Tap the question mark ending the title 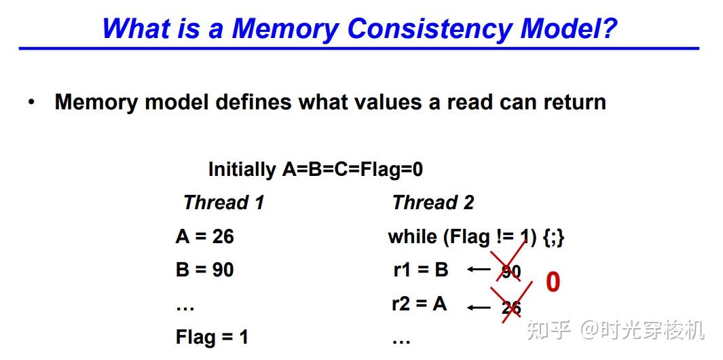click(x=609, y=29)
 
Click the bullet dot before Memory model click(x=31, y=103)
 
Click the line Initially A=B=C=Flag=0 click(x=315, y=169)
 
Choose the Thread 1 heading click(x=223, y=202)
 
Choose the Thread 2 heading click(x=433, y=202)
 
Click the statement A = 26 click(x=204, y=236)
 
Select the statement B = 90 click(x=204, y=270)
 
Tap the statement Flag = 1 click(x=212, y=337)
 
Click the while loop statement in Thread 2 click(x=476, y=237)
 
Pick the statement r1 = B click(x=421, y=270)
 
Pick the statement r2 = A click(x=420, y=304)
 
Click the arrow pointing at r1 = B click(x=479, y=270)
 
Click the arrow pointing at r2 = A click(x=479, y=307)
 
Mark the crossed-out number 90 click(x=511, y=272)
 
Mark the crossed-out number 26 click(x=511, y=308)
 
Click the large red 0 click(x=553, y=283)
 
